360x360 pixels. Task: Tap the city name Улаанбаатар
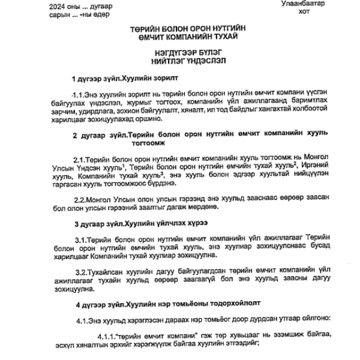[x=302, y=4]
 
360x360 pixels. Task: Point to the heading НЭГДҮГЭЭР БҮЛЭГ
[x=180, y=53]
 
